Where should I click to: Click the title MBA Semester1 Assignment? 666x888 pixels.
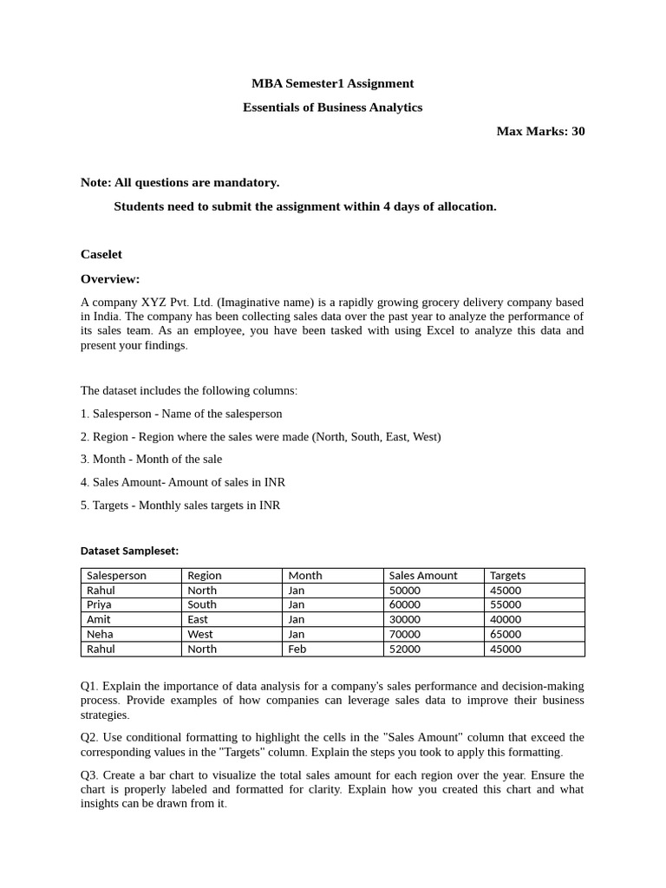coord(332,83)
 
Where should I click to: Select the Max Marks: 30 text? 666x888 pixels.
coord(540,131)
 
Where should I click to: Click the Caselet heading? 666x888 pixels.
coord(101,254)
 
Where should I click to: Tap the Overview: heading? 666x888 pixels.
coord(110,278)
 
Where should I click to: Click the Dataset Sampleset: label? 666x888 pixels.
coord(129,551)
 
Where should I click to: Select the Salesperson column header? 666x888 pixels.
coord(117,575)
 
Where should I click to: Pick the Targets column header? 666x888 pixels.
coord(508,575)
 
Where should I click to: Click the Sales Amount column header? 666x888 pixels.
coord(423,575)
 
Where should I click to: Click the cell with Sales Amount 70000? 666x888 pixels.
coord(405,634)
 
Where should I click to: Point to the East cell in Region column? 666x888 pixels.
coord(198,619)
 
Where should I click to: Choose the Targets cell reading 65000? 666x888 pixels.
coord(506,634)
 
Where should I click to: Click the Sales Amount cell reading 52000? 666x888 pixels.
coord(405,649)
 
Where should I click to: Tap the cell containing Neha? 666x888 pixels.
coord(100,634)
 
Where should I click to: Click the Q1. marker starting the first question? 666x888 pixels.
coord(89,686)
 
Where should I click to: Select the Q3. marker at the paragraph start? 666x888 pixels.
coord(89,774)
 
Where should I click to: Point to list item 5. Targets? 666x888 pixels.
coord(180,505)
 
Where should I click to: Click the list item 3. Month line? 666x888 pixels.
coord(151,459)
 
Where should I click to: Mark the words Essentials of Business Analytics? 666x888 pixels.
coord(332,108)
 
